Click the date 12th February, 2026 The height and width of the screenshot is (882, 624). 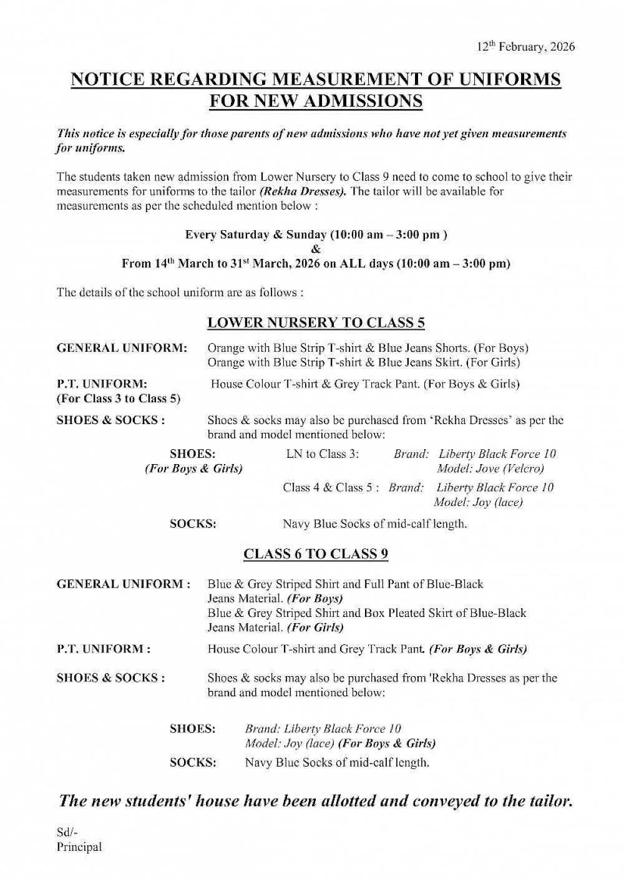pyautogui.click(x=525, y=47)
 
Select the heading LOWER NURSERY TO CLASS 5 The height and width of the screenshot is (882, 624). pyautogui.click(x=316, y=322)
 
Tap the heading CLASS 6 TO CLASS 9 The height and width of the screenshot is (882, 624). pyautogui.click(x=316, y=554)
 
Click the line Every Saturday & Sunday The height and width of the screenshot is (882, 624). pyautogui.click(x=316, y=235)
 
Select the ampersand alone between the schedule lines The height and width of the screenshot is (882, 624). pyautogui.click(x=316, y=250)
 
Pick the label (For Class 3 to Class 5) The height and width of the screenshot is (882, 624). pyautogui.click(x=119, y=399)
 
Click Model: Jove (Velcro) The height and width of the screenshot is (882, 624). pyautogui.click(x=490, y=468)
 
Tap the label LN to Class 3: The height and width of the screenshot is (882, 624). pyautogui.click(x=323, y=454)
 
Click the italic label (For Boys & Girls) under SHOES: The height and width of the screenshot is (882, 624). pyautogui.click(x=193, y=468)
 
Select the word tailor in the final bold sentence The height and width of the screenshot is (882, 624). pyautogui.click(x=548, y=801)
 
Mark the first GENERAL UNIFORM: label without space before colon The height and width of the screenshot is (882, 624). pyautogui.click(x=122, y=348)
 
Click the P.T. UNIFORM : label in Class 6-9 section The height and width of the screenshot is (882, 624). pyautogui.click(x=103, y=649)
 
